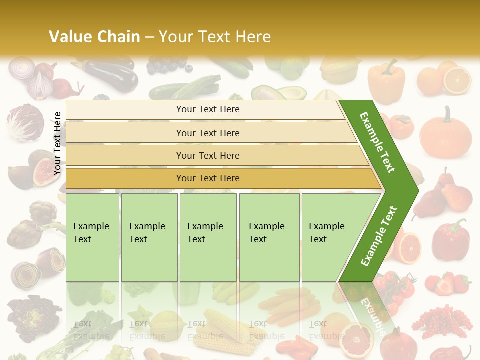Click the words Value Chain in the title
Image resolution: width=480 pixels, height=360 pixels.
94,37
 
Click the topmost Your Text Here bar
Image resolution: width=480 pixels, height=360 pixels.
207,109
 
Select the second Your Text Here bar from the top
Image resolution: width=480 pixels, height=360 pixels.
207,133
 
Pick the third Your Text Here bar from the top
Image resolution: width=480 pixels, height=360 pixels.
207,155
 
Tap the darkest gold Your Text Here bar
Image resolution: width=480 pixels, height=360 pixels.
207,178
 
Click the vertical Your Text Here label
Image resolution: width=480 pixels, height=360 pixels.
57,143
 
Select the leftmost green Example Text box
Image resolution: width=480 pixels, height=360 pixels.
92,237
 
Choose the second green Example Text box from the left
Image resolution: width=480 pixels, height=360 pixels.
149,237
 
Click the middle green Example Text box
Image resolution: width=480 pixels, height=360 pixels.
208,237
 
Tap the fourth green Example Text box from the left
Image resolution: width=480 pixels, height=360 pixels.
269,237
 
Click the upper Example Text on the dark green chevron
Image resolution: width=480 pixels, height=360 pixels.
377,142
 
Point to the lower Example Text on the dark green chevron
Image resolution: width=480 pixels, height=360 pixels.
379,236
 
